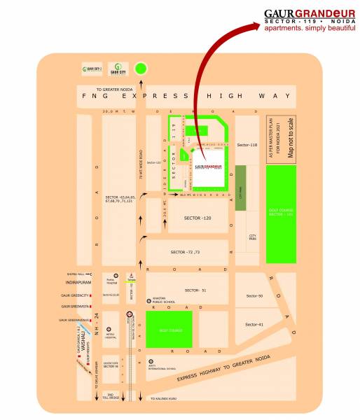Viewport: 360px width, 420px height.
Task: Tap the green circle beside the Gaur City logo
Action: point(141,69)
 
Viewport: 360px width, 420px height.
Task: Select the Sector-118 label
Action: point(248,145)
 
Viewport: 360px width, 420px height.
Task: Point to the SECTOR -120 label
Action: point(197,219)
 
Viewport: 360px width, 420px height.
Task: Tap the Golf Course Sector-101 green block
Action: point(281,213)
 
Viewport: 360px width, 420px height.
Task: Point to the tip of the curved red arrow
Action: point(258,25)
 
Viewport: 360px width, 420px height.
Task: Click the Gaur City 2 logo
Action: point(92,69)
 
